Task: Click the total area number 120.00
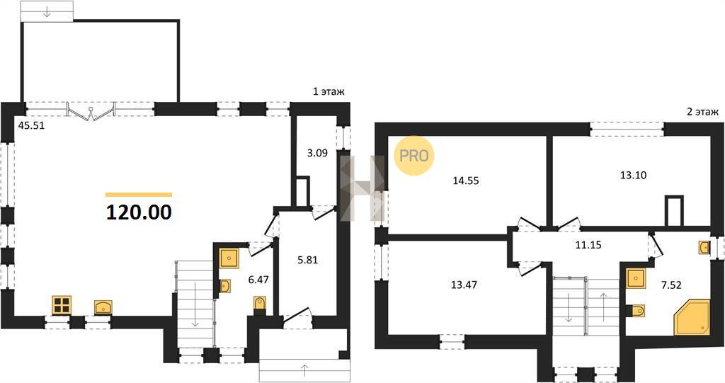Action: coord(139,212)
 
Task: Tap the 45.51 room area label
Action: coord(31,125)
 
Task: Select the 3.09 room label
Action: coord(317,153)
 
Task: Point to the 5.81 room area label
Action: coord(307,260)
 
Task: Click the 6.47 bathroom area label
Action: coord(258,280)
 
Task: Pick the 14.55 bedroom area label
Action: coord(466,181)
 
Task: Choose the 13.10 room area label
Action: coord(633,176)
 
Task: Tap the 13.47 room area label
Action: coord(464,285)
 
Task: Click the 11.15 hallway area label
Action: coord(588,245)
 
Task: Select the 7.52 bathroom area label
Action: coord(671,285)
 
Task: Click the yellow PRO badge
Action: coord(413,156)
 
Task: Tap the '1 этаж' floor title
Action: coord(329,91)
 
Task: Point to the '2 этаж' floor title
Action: coord(703,111)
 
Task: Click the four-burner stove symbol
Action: coord(61,304)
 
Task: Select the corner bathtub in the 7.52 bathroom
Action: coord(691,317)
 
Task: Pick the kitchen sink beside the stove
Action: coord(103,307)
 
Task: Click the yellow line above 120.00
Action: coord(139,195)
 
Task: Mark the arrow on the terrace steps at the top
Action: coord(47,12)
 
